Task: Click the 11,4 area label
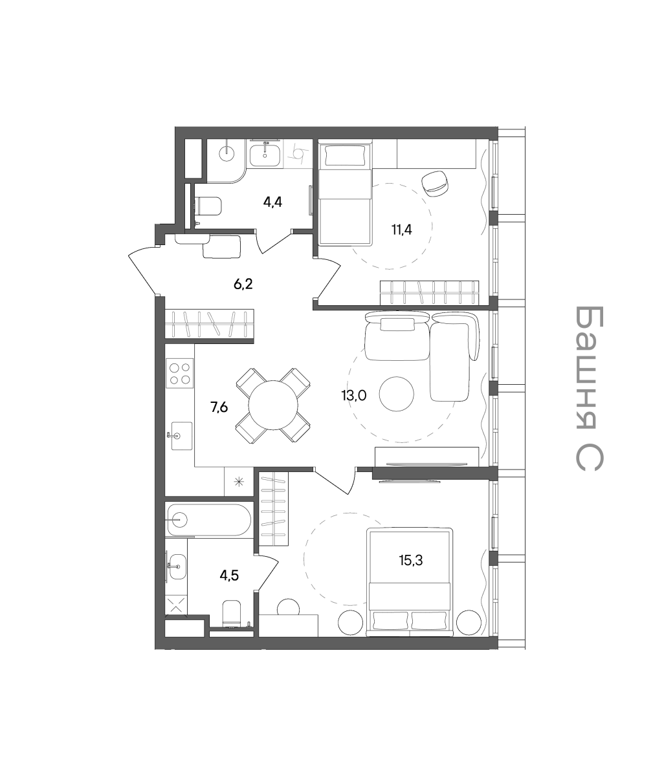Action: pos(402,230)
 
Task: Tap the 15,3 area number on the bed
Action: pos(411,560)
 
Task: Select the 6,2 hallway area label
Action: pos(243,285)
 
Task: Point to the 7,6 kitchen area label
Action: pos(219,407)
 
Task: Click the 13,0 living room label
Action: pos(354,396)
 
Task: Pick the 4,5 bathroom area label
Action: pos(229,576)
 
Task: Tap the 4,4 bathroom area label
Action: pos(272,202)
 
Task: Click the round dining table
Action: pos(273,405)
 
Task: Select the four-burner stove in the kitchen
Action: pos(180,373)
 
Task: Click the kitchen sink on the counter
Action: pos(181,436)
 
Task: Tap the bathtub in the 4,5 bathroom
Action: pos(208,519)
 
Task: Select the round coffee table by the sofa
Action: pos(397,394)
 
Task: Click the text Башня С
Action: pos(590,388)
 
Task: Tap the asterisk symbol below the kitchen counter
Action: pos(238,482)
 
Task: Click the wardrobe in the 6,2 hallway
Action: pos(210,324)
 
